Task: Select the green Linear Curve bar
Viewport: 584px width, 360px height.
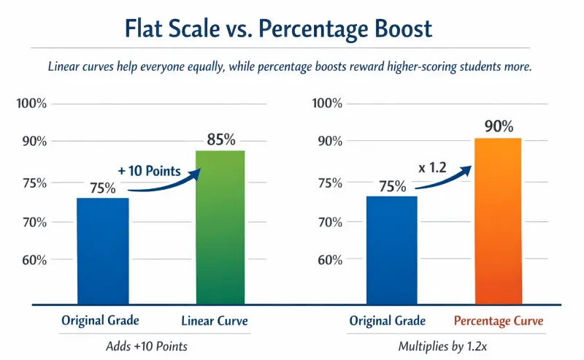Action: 220,226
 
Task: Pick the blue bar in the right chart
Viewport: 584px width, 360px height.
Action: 392,249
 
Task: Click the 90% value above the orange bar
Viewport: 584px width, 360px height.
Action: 499,126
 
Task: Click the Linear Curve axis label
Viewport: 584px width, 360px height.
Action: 215,321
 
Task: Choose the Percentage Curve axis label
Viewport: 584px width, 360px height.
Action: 499,321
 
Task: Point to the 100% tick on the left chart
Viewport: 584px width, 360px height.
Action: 31,103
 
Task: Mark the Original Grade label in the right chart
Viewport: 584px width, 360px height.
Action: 387,321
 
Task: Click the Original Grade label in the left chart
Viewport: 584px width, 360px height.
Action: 99,321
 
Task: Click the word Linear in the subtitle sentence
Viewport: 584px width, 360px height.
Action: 65,66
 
